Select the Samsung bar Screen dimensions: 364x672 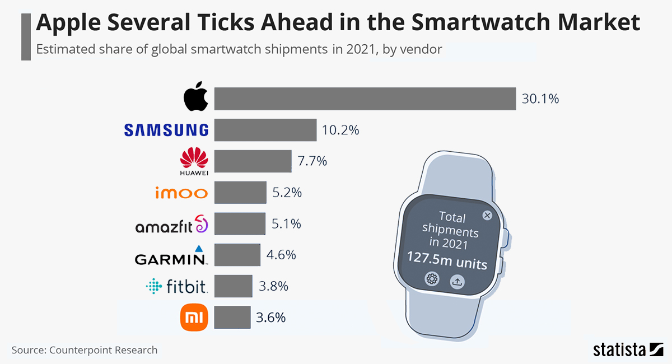(x=265, y=130)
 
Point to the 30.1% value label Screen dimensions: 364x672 (x=540, y=99)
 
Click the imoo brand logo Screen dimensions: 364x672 (x=181, y=193)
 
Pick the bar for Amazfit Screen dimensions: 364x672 (x=240, y=224)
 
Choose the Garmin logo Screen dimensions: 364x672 (x=171, y=256)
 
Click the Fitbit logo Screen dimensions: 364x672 (x=177, y=287)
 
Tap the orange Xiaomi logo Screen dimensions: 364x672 (x=194, y=318)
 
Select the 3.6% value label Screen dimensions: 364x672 (x=271, y=318)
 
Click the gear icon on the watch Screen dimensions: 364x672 (x=432, y=279)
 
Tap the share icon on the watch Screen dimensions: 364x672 (x=457, y=281)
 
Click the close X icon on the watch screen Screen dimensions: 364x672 (x=487, y=216)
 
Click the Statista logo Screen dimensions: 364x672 (x=628, y=350)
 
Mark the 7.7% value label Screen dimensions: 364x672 (x=312, y=161)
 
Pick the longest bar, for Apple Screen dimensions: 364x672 (x=365, y=99)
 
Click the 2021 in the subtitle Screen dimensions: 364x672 (x=361, y=49)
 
